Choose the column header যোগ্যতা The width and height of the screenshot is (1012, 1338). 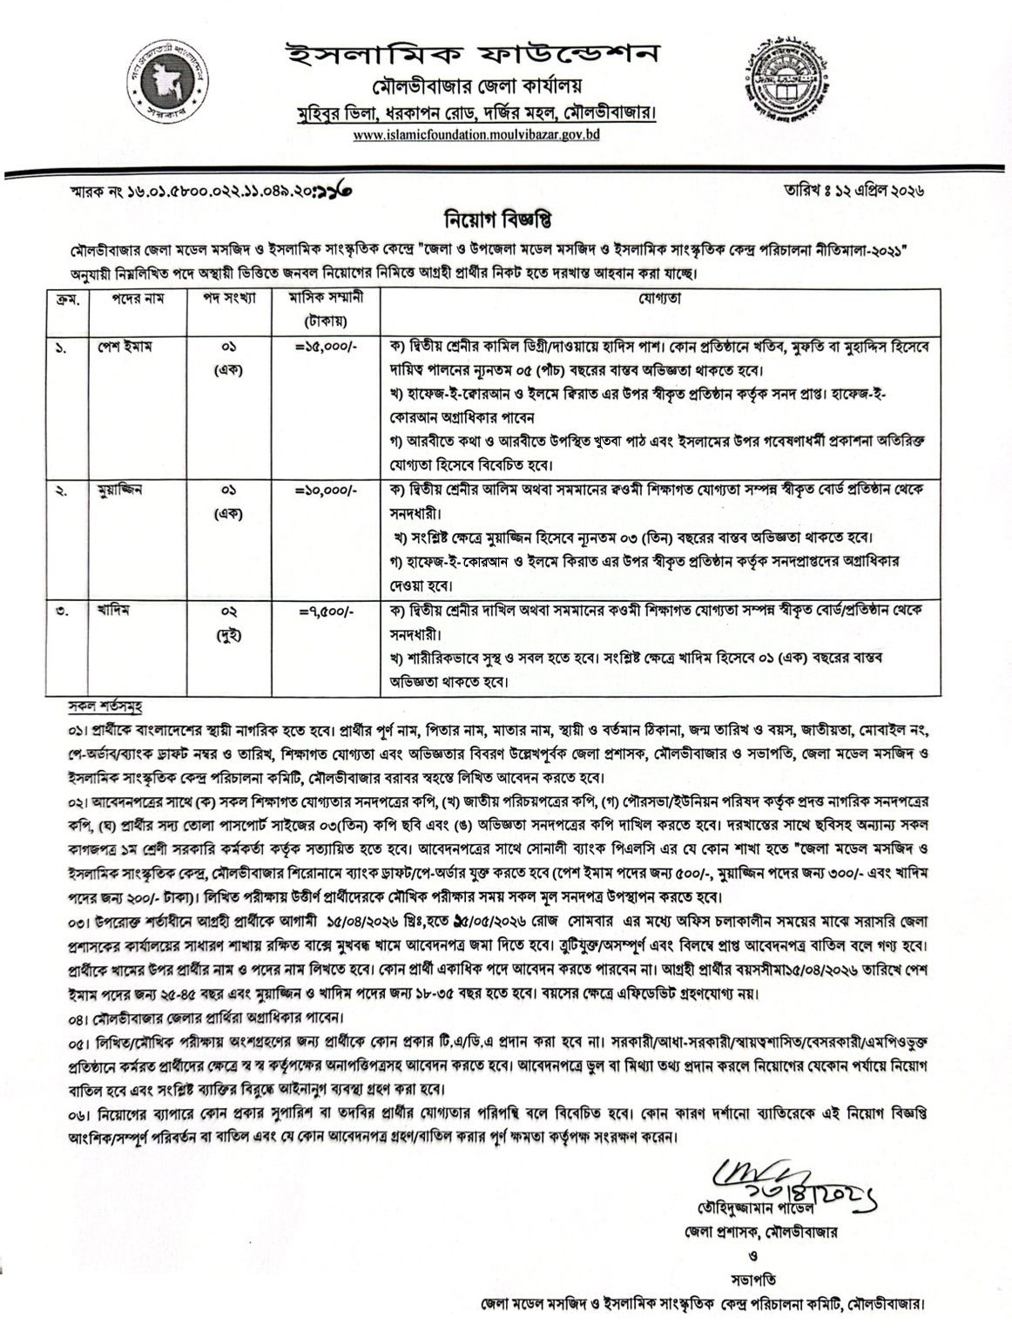[x=662, y=298]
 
